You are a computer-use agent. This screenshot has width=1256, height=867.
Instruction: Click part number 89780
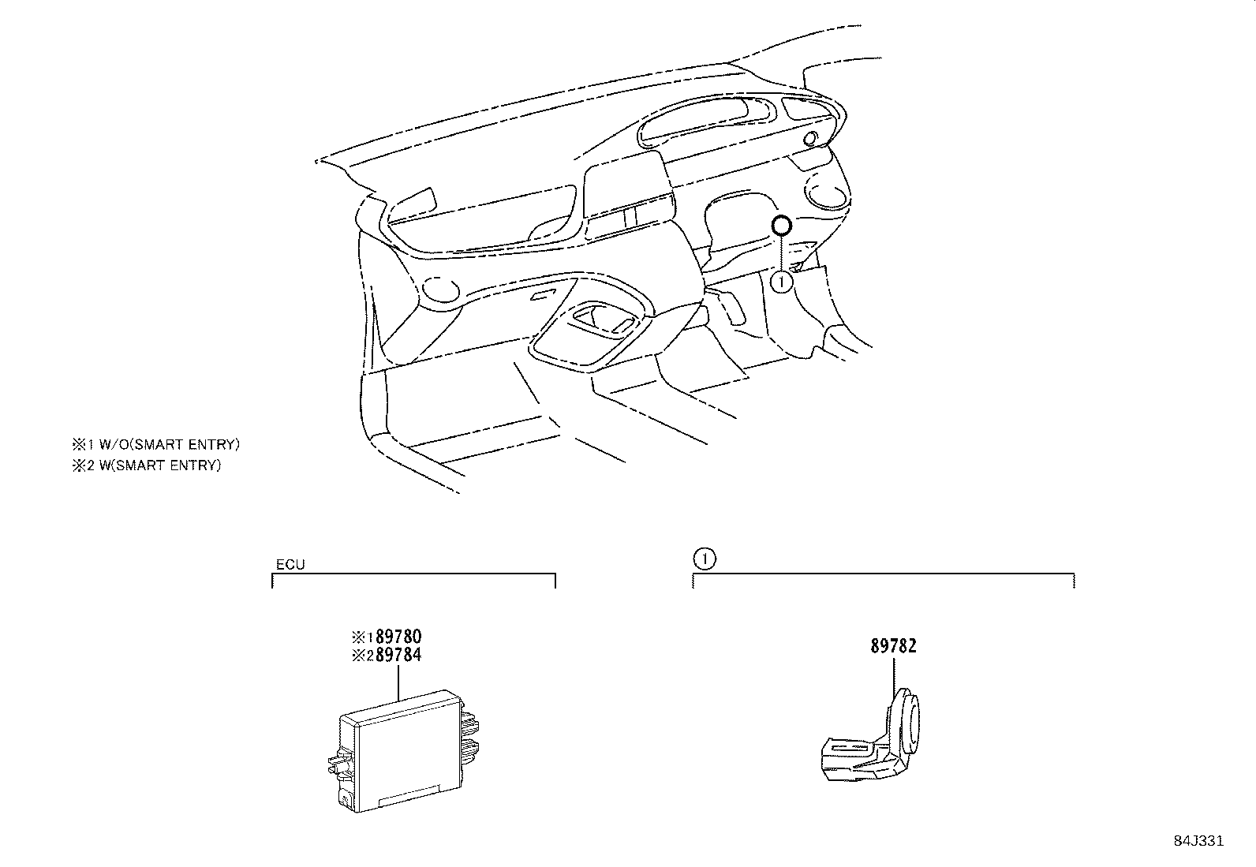[x=398, y=636]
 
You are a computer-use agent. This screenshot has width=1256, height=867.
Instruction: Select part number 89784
[x=398, y=655]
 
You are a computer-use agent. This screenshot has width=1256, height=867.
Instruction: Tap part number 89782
[x=893, y=646]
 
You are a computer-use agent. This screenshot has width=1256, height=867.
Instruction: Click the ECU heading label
[x=290, y=565]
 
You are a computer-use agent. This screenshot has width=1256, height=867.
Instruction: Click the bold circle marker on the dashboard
[x=780, y=226]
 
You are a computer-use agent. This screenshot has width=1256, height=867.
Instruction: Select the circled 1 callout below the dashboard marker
[x=781, y=281]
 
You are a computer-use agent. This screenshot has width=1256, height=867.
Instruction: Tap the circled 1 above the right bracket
[x=704, y=559]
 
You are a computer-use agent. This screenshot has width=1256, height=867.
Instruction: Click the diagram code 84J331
[x=1197, y=841]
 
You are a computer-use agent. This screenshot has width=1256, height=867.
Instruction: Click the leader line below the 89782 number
[x=894, y=675]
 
